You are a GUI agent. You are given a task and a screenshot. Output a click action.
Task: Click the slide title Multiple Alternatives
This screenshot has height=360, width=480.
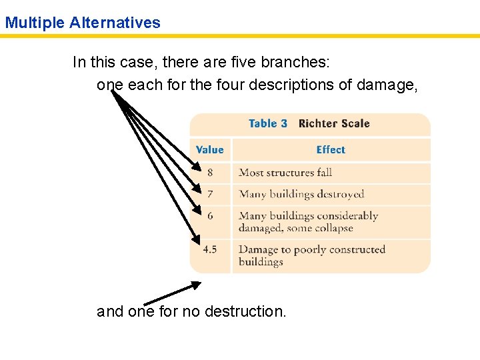(83, 23)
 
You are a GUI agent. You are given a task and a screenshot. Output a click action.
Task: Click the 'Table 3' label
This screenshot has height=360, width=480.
(267, 123)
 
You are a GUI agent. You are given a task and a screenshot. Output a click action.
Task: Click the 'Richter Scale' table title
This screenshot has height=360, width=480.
(334, 123)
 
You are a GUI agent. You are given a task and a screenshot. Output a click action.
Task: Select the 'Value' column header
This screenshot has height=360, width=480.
(210, 150)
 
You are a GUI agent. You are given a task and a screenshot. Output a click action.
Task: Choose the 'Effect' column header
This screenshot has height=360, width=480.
(331, 150)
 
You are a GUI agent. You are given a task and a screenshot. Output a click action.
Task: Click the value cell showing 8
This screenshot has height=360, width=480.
(210, 173)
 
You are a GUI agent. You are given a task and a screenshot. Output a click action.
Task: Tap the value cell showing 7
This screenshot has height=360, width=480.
(210, 194)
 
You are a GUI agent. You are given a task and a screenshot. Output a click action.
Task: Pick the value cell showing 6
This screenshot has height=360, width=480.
(210, 216)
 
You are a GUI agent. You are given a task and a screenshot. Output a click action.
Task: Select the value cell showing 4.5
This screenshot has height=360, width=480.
(210, 249)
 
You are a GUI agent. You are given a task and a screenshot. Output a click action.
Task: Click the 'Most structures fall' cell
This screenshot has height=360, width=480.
(285, 173)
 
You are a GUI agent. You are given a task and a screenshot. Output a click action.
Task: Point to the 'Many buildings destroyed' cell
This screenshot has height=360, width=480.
(301, 194)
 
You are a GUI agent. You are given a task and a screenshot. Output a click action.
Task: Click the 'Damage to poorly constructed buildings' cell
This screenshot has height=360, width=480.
(312, 255)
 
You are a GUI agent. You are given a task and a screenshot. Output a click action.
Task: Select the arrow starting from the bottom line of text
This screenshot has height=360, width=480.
(172, 293)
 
